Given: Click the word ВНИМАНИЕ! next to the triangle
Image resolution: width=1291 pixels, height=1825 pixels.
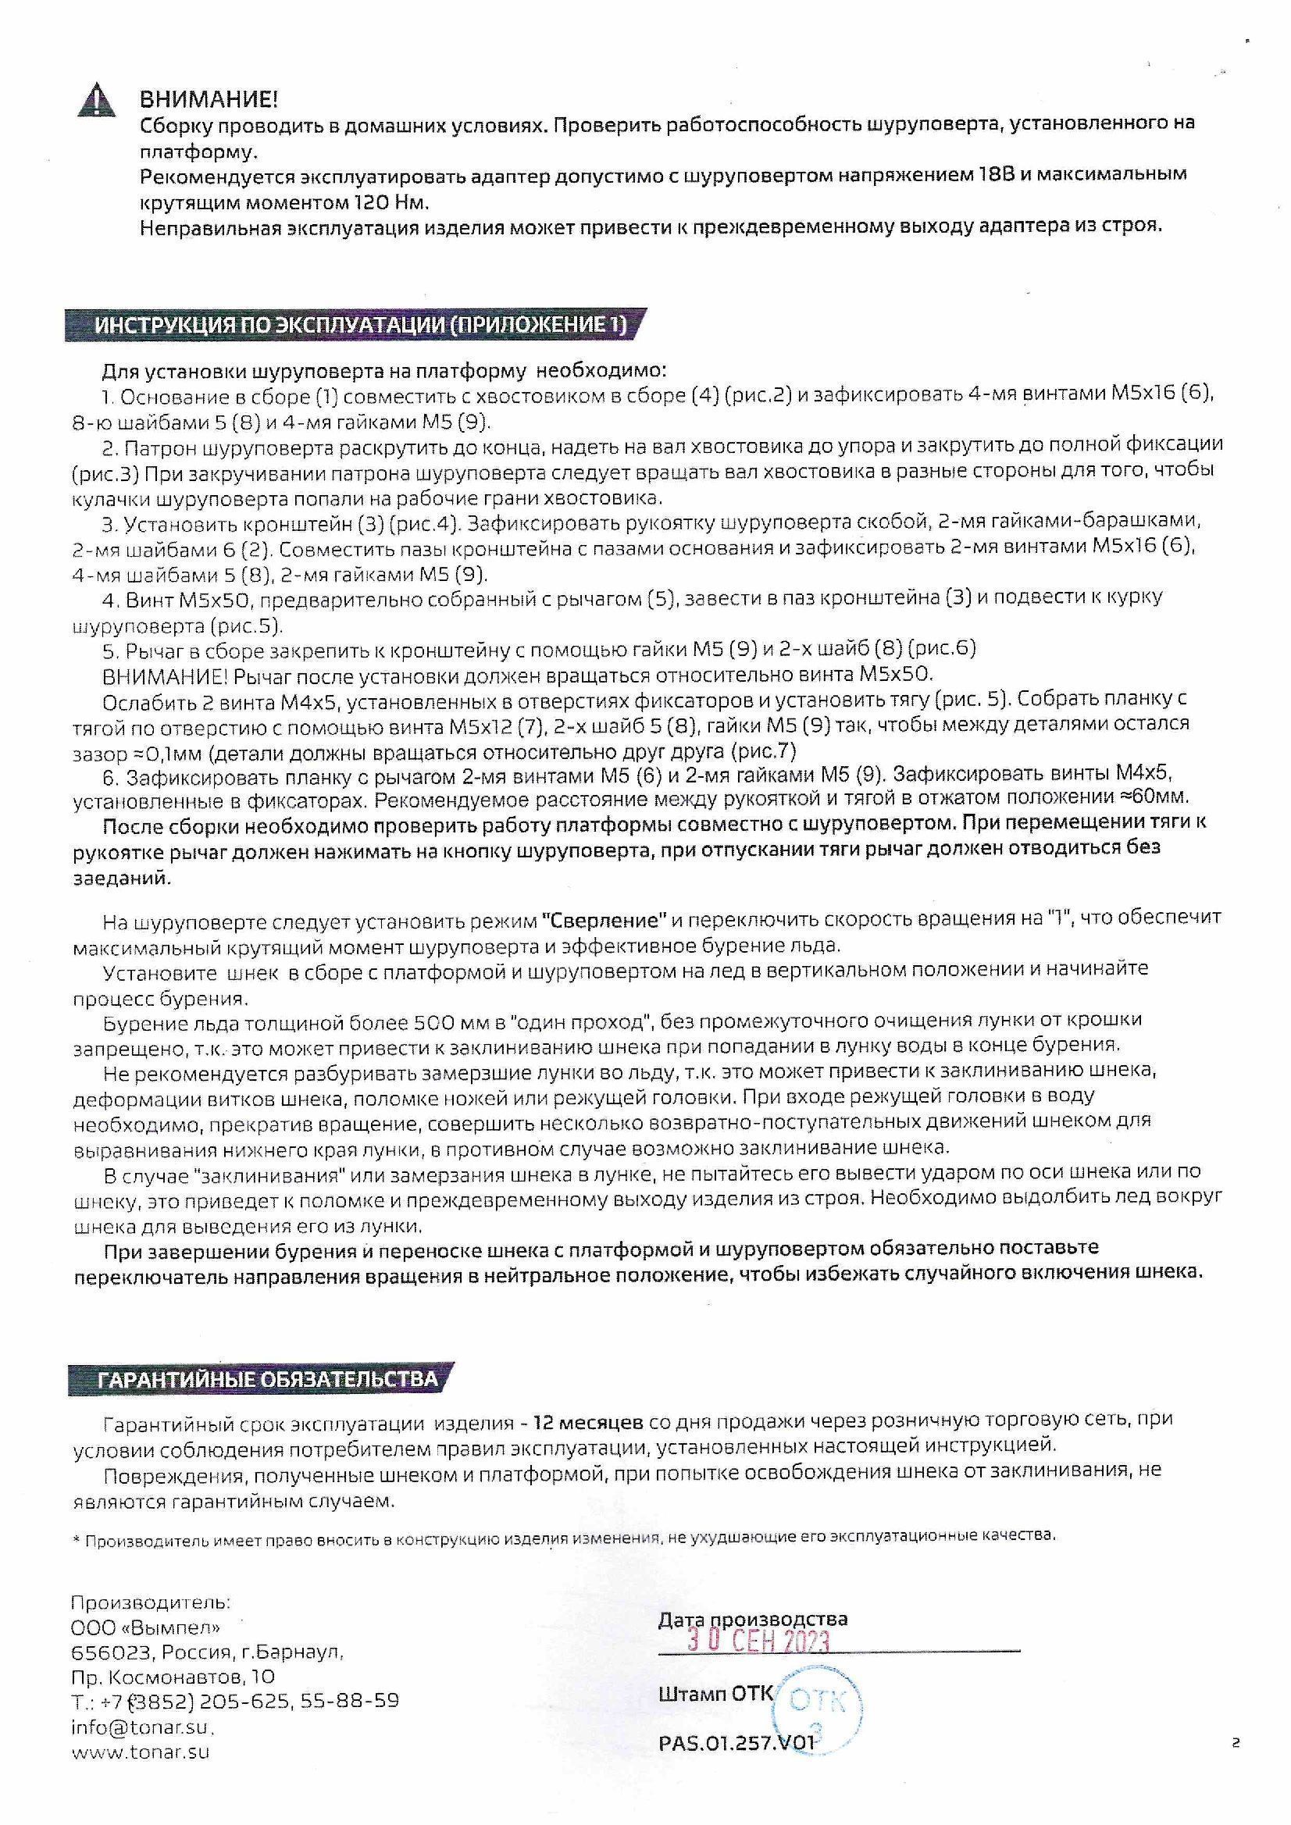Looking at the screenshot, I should [209, 100].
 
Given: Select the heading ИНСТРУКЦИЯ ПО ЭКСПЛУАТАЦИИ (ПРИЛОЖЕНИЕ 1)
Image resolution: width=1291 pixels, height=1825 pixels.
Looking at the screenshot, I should [359, 325].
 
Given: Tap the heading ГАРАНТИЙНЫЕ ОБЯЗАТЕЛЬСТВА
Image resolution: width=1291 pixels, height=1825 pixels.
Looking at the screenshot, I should [267, 1379].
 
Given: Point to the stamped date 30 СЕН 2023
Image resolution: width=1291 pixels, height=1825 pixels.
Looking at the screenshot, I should [758, 1641].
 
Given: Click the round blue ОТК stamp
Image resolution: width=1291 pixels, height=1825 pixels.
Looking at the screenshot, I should [822, 1705].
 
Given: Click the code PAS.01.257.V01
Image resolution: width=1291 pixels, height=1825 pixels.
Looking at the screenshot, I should [737, 1743].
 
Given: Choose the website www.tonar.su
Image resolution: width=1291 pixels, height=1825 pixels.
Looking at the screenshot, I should [141, 1752].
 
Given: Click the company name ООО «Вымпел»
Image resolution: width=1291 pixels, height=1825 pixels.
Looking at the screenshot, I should [145, 1627].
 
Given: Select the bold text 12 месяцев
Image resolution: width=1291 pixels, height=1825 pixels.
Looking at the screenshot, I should [587, 1420].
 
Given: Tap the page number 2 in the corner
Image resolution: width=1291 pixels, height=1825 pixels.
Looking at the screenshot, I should [1236, 1744].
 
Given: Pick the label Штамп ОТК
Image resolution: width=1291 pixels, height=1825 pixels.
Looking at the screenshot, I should [715, 1693].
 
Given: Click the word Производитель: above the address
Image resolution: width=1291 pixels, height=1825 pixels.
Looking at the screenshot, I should [151, 1602].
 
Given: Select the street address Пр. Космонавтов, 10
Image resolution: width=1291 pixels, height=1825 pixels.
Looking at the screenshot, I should [173, 1677].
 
